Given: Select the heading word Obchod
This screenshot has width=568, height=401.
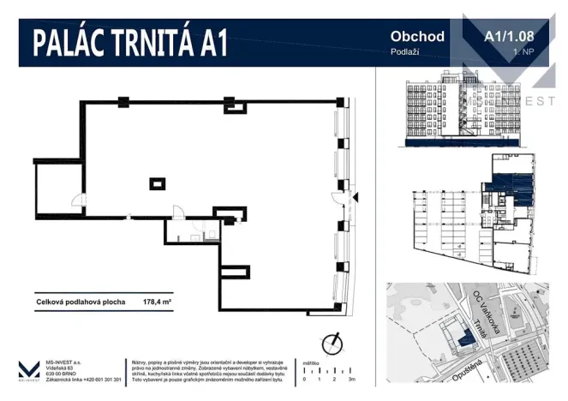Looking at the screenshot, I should pos(417,36).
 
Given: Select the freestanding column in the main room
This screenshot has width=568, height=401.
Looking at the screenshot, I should pos(158,182).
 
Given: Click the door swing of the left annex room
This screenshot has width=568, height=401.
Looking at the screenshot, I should pos(78,204).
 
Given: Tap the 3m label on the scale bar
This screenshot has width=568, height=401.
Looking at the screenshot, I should pos(352,378).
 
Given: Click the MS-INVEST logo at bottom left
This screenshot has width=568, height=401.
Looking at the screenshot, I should pos(28,370).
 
